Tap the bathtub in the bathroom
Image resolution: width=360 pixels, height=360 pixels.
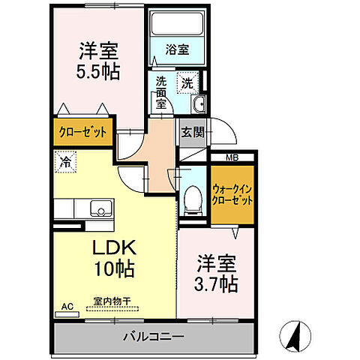pos(178,24)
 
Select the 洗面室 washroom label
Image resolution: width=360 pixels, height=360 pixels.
pos(160,93)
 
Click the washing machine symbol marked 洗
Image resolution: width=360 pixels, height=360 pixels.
pos(185,82)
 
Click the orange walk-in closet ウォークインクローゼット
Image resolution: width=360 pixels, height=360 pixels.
pos(232,195)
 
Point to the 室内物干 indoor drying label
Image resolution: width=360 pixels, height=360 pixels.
pos(112,301)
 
